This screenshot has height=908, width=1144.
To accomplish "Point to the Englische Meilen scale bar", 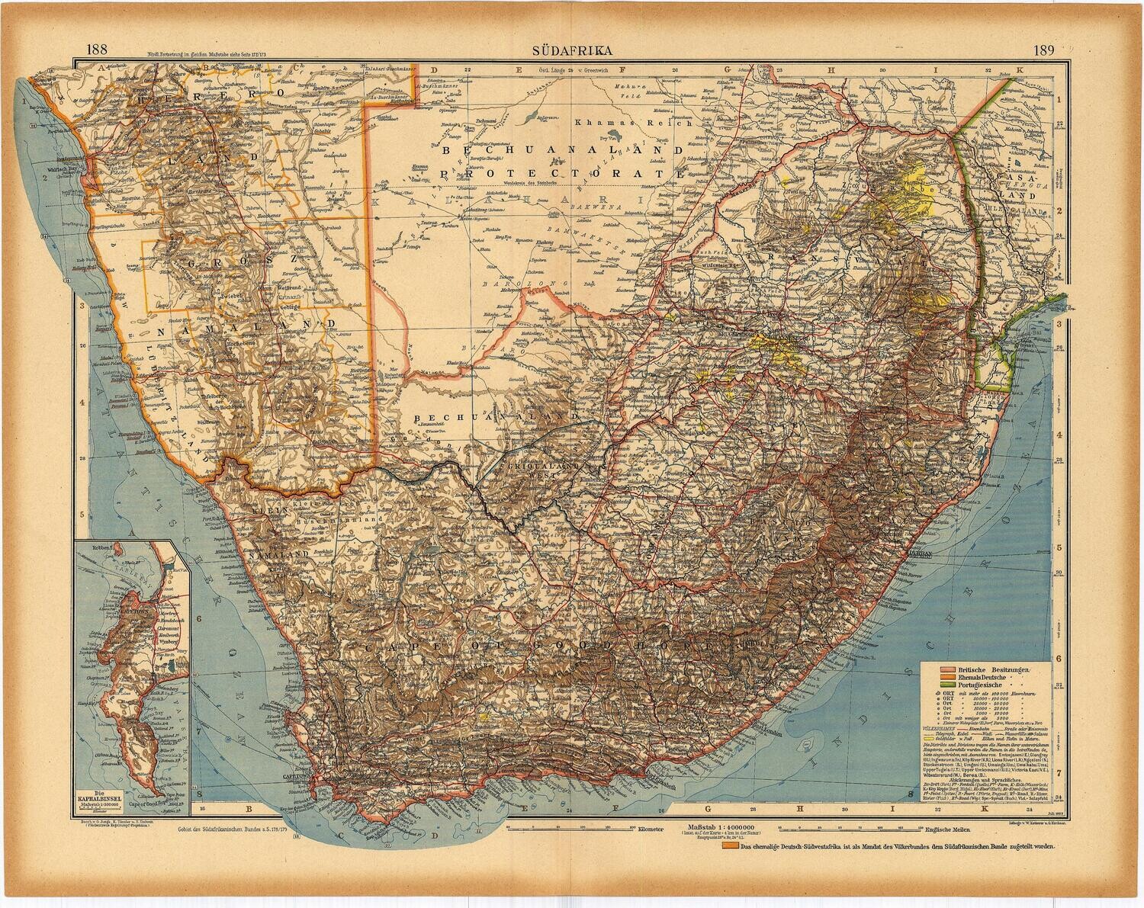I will pos(839,829).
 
